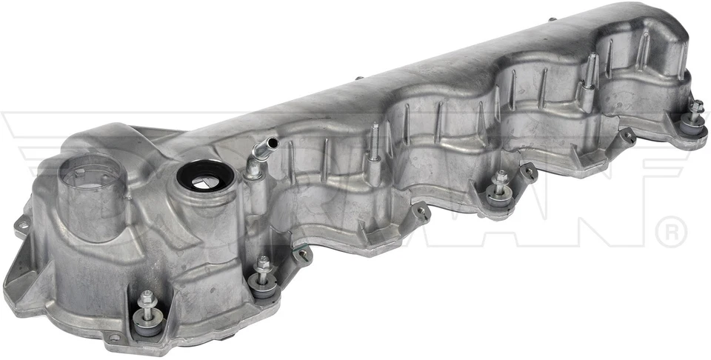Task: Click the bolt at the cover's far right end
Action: pos(695,108)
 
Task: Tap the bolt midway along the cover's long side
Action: pos(501,179)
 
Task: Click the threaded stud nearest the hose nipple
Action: pos(375,139)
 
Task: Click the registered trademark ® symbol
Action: pos(672,231)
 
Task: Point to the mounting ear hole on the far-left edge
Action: pos(23,224)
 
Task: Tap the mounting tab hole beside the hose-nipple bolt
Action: pos(302,254)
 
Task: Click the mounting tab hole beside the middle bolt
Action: pos(528,172)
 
